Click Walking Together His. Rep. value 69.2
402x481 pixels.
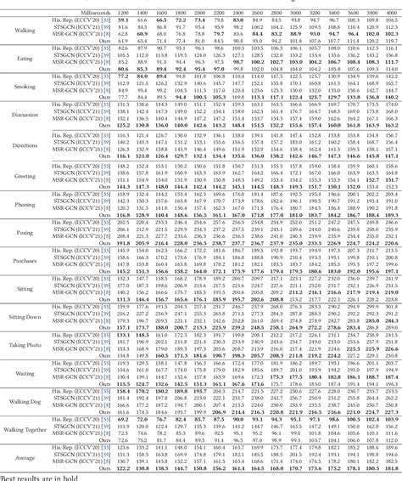click(124, 419)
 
